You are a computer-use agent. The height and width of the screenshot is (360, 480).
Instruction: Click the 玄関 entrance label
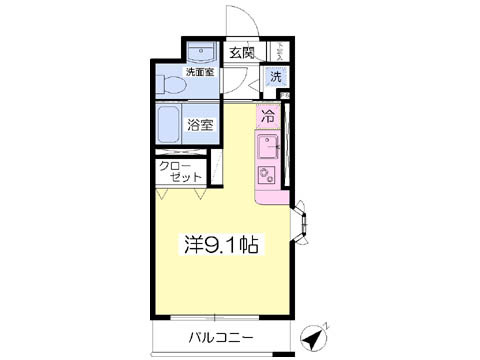pyautogui.click(x=242, y=53)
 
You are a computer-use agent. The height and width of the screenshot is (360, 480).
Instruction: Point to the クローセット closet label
pyautogui.click(x=180, y=170)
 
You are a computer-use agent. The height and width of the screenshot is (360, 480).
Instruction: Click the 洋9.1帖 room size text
pyautogui.click(x=220, y=243)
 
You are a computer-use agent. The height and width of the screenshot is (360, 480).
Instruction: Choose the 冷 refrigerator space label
pyautogui.click(x=268, y=115)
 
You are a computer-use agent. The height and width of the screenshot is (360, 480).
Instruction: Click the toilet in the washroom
pyautogui.click(x=168, y=86)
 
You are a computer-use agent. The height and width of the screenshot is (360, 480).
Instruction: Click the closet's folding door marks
pyautogui.click(x=180, y=190)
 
